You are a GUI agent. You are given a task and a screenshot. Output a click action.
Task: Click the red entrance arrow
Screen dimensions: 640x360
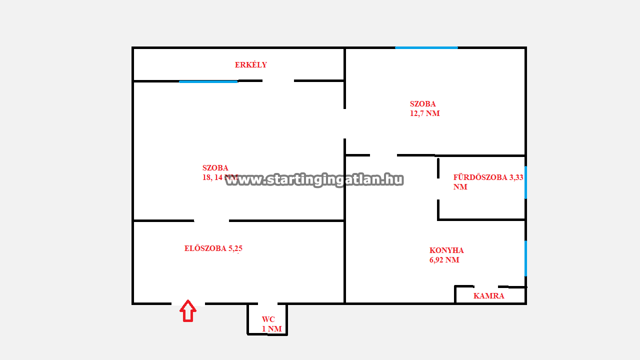click(x=188, y=311)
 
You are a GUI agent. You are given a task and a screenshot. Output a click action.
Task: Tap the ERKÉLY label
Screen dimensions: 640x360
click(x=251, y=65)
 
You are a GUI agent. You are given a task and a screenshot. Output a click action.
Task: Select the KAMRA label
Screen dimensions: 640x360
click(x=489, y=296)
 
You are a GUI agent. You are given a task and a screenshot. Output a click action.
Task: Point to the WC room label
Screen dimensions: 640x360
click(x=268, y=319)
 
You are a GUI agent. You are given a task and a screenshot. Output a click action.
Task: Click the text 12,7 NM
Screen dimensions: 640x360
click(x=425, y=113)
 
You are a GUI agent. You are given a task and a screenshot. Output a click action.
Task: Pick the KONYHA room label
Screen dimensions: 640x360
click(x=446, y=250)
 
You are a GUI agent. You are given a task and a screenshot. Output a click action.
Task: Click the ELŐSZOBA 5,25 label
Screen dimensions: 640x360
click(x=213, y=248)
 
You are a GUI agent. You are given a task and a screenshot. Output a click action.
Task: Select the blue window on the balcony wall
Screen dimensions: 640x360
click(x=208, y=81)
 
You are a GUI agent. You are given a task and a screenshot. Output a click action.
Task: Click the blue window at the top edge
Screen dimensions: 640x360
click(x=426, y=47)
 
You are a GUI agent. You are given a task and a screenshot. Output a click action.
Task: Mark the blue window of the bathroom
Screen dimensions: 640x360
click(x=525, y=182)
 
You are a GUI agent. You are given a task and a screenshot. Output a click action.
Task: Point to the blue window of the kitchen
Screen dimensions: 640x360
click(x=525, y=258)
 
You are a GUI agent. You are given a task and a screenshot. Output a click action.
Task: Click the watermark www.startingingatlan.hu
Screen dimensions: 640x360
click(x=314, y=180)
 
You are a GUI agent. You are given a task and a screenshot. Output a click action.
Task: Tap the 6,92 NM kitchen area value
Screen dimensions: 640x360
click(x=444, y=260)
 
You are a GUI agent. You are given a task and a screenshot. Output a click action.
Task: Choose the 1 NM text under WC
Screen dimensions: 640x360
click(x=272, y=329)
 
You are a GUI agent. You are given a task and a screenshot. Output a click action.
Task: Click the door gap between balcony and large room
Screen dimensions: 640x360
click(x=278, y=81)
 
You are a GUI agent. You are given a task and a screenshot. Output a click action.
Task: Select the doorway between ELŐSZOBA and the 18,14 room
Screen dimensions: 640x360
click(x=211, y=220)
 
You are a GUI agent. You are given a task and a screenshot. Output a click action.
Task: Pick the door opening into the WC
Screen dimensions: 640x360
click(x=267, y=303)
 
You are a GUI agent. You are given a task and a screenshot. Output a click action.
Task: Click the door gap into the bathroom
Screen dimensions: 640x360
click(x=438, y=189)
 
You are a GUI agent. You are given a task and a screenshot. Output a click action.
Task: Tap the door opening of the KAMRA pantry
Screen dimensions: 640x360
click(x=486, y=286)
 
